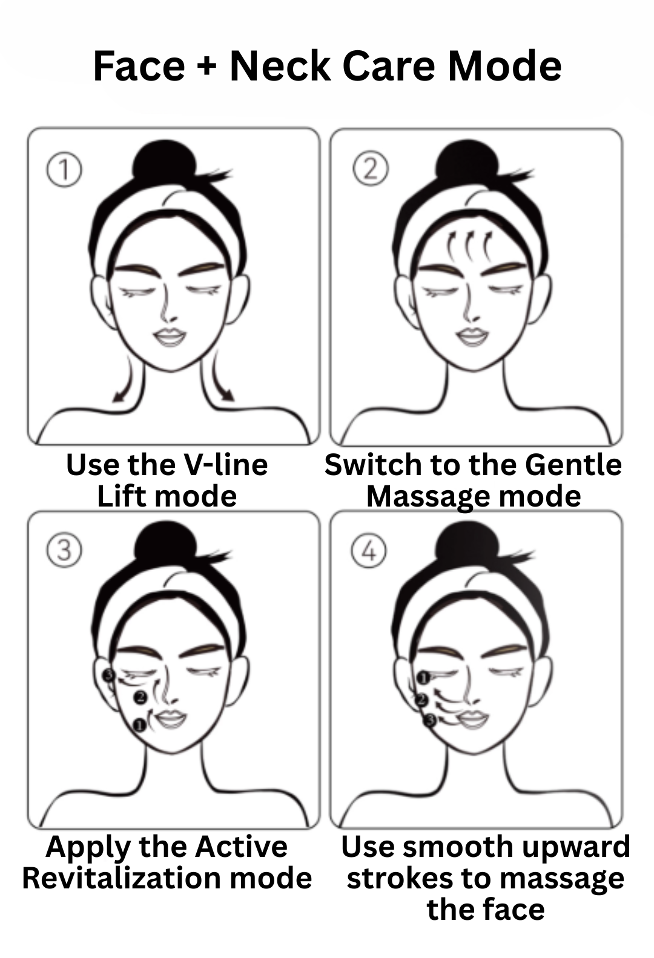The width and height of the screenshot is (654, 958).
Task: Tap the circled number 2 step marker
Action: [370, 169]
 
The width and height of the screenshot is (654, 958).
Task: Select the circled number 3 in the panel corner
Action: [64, 551]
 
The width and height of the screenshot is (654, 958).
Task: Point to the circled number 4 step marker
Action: [369, 551]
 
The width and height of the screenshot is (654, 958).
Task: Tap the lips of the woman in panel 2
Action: [472, 336]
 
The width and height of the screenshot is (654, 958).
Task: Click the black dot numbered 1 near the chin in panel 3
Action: [139, 724]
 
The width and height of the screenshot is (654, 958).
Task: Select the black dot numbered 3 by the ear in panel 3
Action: [108, 674]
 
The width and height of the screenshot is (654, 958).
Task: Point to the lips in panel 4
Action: [471, 720]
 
